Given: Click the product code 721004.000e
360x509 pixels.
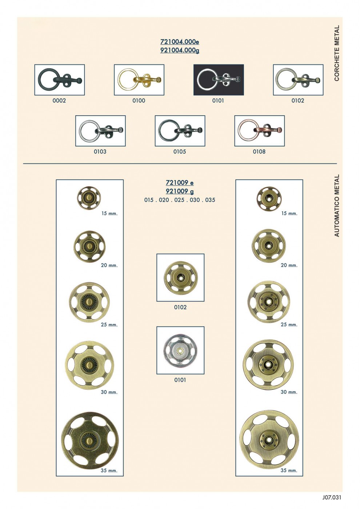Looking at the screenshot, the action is [x=180, y=42].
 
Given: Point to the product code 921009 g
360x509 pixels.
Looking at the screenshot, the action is [x=180, y=191].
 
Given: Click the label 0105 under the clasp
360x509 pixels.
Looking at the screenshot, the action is [x=180, y=152].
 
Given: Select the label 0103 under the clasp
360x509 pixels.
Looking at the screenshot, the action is [x=100, y=152].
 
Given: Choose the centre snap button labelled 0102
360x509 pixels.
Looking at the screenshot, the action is [x=181, y=277].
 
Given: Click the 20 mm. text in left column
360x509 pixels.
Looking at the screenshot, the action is [x=109, y=265].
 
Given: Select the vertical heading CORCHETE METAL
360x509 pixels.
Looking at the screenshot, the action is [x=337, y=53].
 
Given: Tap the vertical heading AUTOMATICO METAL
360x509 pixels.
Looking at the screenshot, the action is [x=337, y=205].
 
